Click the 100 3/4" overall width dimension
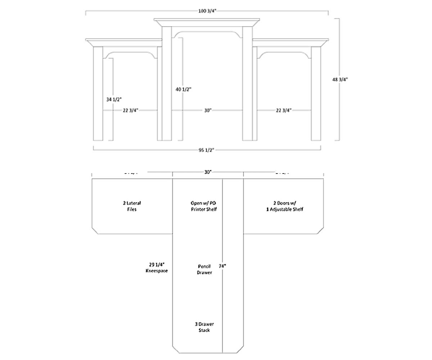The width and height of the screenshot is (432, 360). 207,10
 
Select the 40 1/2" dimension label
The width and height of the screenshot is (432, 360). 184,89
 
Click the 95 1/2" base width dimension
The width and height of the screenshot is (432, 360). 207,150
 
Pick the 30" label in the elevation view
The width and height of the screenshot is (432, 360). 207,111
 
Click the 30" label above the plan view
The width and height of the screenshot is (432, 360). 207,172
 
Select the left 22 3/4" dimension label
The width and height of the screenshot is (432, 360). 131,111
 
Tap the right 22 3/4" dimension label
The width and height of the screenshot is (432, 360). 284,111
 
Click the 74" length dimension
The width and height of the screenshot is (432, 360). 222,266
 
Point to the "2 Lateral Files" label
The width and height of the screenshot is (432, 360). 132,206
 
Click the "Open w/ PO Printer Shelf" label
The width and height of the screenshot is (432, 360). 204,206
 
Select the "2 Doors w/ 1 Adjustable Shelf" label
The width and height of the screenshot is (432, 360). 282,206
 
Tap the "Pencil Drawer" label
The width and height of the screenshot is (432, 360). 204,270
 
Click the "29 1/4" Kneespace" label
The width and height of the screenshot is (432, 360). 157,267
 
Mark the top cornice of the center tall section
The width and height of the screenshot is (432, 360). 207,22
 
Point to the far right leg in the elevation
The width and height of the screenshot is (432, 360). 316,93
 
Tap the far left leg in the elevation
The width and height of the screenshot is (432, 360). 98,93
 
